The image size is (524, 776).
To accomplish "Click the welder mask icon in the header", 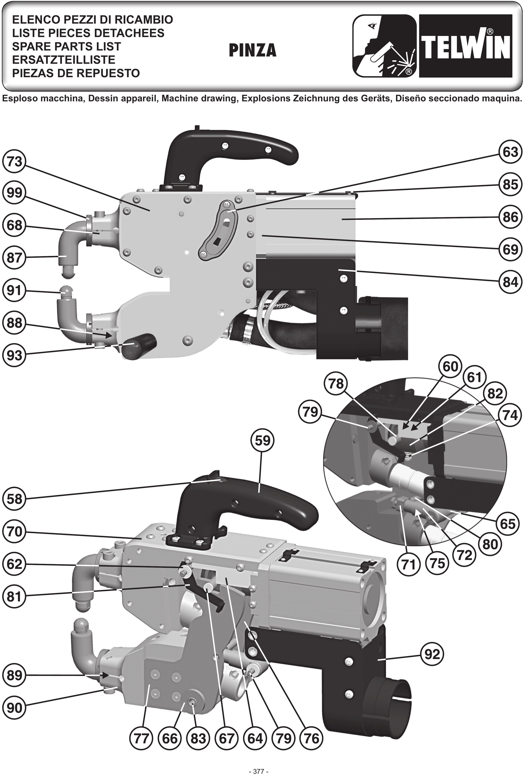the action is (x=385, y=46).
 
